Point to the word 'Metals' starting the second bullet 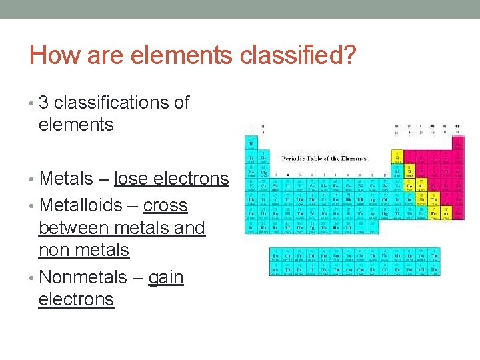(66, 179)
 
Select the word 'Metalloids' (81, 205)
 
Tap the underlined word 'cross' (165, 205)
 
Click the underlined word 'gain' (165, 277)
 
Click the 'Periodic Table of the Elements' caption (324, 159)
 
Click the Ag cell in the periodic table (372, 199)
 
